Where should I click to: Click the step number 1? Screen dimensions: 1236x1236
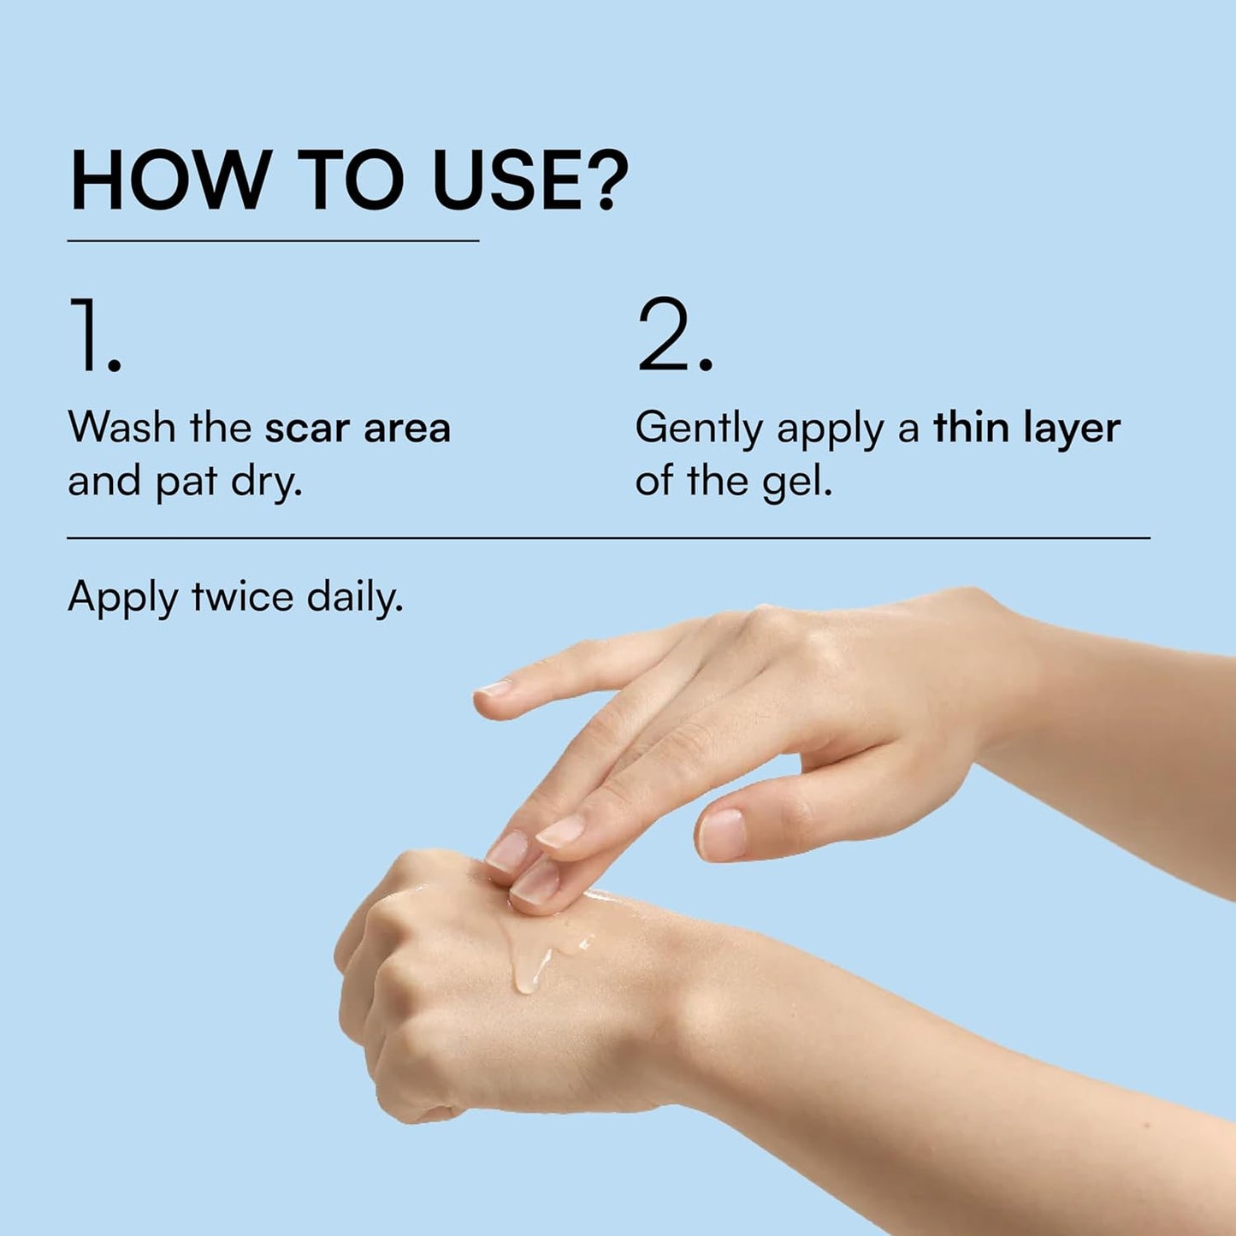click(96, 334)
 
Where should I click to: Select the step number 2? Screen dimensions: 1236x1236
click(675, 334)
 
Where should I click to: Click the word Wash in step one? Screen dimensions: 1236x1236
click(121, 427)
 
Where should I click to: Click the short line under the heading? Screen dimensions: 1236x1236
click(273, 241)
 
